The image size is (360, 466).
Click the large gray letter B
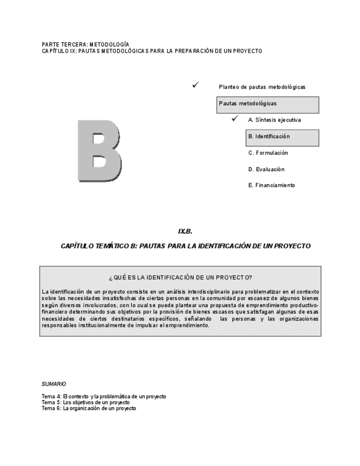tap(99, 149)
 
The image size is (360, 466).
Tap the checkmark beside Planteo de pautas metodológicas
tap(195, 85)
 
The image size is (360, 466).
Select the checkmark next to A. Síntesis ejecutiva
tap(235, 119)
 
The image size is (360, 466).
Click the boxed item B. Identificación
tap(282, 137)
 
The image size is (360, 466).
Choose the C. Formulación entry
tap(268, 153)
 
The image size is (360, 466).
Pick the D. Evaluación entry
tap(266, 169)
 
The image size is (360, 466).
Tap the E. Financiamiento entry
tap(272, 186)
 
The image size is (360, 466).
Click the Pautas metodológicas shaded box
tap(267, 104)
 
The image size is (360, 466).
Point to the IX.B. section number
tap(185, 231)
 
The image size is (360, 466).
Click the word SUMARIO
tap(54, 384)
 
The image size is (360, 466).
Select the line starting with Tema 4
tap(104, 396)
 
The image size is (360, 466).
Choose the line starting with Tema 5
tap(86, 402)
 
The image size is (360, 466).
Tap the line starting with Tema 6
tap(89, 408)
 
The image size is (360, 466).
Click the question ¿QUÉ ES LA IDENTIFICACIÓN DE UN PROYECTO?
tap(180, 278)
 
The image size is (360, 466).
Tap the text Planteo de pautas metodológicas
tap(262, 87)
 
